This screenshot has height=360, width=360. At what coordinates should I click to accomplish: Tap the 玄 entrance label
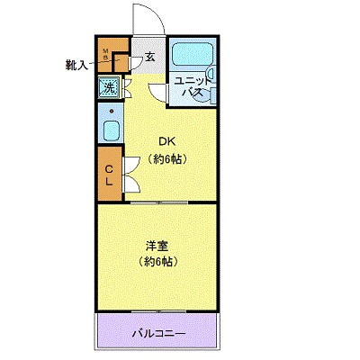click(x=149, y=57)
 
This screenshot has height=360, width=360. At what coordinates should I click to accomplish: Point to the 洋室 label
click(x=157, y=244)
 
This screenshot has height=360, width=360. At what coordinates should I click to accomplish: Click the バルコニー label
click(x=158, y=334)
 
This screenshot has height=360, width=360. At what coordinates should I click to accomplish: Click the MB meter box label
click(x=104, y=55)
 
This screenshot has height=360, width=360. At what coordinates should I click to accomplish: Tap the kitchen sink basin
click(x=110, y=132)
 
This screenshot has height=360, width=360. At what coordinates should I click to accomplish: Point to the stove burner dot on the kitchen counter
click(x=110, y=111)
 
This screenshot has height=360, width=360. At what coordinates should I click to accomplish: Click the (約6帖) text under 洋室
click(x=157, y=262)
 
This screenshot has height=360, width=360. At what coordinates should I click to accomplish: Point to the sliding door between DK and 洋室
click(x=157, y=202)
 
